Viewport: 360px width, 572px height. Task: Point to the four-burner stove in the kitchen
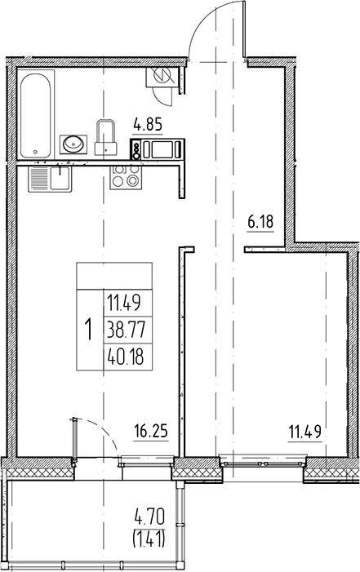123,176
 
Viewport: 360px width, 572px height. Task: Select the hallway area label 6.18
260,220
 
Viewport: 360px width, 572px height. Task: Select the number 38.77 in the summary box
122,330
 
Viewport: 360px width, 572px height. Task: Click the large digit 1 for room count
88,330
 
